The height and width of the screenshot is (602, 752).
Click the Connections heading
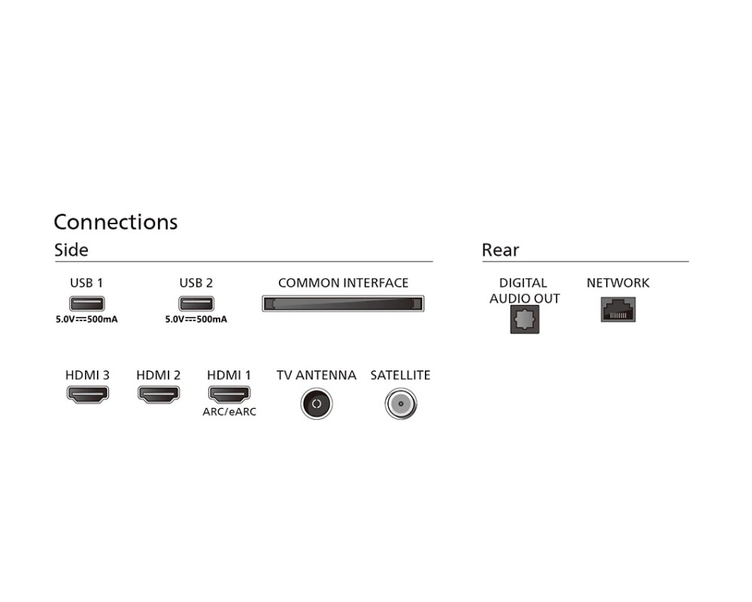point(116,222)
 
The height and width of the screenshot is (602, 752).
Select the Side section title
point(71,250)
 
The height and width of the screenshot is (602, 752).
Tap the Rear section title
point(500,250)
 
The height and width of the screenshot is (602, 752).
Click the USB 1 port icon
point(87,304)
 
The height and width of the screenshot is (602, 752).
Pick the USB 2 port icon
point(196,304)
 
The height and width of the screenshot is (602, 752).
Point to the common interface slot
point(343,304)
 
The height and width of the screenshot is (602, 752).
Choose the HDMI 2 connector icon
point(158,393)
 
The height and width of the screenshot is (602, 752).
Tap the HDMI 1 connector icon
point(229,393)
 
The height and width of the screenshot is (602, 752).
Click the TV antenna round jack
point(316,404)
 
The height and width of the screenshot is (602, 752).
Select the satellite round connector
point(400,404)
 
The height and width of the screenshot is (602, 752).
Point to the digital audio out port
point(524,321)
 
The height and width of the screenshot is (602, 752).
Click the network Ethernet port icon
point(618,309)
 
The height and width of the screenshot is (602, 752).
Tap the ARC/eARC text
point(229,412)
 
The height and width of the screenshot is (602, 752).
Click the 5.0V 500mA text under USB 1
point(87,319)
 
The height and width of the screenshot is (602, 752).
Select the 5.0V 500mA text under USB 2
point(196,319)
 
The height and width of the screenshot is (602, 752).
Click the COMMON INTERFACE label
point(343,283)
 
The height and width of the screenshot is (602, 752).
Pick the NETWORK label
point(618,283)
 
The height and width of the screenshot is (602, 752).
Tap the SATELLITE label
point(400,375)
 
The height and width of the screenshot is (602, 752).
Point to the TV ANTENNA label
point(316,375)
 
